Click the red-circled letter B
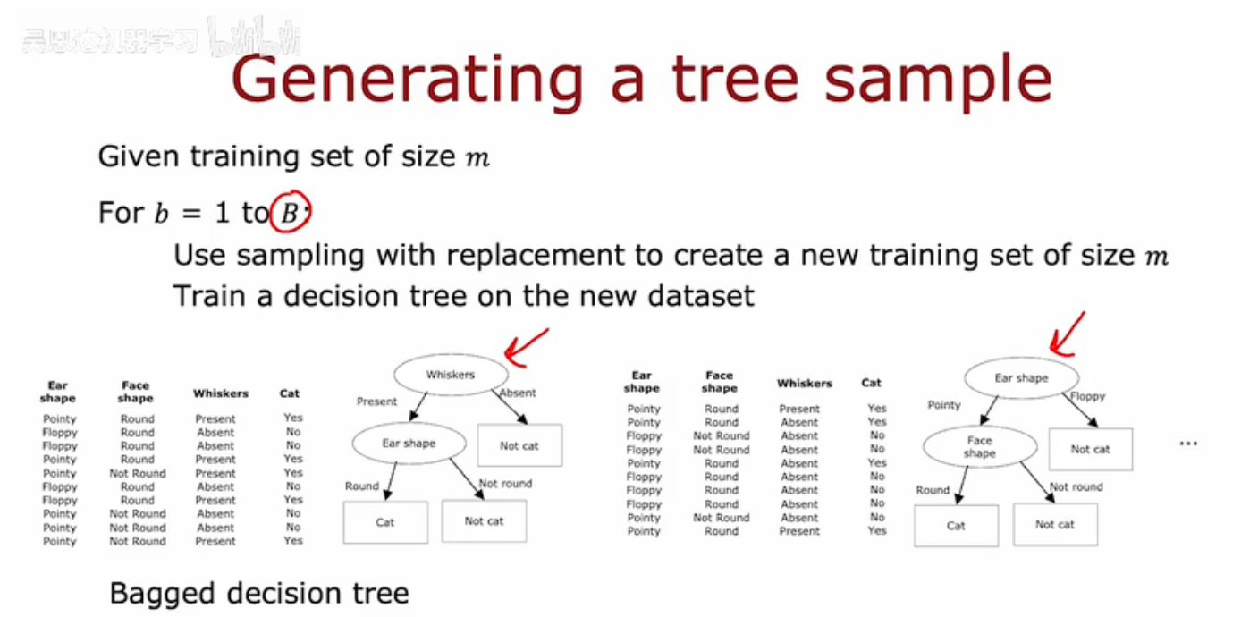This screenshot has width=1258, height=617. tap(290, 213)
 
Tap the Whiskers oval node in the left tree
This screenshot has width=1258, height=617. tap(450, 375)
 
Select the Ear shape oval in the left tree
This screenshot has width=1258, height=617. tap(409, 443)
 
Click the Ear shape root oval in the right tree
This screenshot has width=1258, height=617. tap(1020, 378)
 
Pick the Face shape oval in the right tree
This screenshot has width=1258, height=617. tap(979, 446)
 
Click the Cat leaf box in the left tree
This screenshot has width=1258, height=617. tap(385, 522)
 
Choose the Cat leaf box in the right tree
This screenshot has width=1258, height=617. tap(956, 526)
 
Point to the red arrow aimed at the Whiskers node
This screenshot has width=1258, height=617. tap(527, 346)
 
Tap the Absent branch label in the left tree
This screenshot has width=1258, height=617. tap(518, 393)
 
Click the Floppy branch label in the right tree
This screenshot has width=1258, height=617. tap(1087, 396)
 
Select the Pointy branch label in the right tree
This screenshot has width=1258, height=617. tap(943, 405)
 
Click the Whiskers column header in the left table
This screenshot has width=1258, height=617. tap(221, 393)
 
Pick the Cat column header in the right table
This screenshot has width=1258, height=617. tap(872, 383)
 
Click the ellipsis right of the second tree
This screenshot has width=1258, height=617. tap(1187, 444)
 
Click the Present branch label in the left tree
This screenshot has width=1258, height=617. tap(376, 401)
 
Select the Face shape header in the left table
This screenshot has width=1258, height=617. tap(136, 392)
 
